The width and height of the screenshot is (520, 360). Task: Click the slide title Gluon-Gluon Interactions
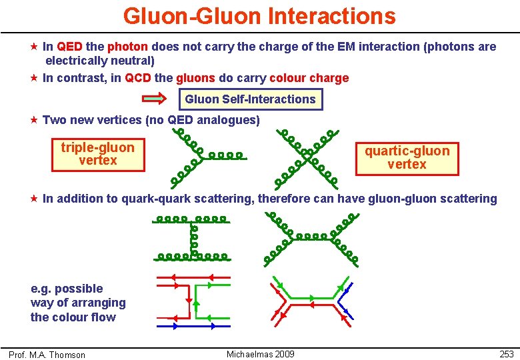click(x=259, y=15)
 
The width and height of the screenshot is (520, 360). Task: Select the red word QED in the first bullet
click(x=70, y=47)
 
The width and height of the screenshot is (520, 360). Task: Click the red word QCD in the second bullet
click(x=138, y=78)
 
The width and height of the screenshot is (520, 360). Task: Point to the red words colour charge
click(x=309, y=78)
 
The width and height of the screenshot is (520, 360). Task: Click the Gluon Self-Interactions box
click(x=250, y=99)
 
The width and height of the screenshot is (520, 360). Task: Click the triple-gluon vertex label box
click(x=97, y=154)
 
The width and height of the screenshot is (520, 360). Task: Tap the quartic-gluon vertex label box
click(x=407, y=157)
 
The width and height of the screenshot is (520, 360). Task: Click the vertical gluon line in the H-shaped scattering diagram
click(x=194, y=238)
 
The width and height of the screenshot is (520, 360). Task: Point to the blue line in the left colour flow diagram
click(x=193, y=327)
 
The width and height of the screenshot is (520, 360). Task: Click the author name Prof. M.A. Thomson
click(x=47, y=355)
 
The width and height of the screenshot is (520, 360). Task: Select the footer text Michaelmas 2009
click(x=260, y=354)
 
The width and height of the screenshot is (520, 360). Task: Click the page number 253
click(x=506, y=354)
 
